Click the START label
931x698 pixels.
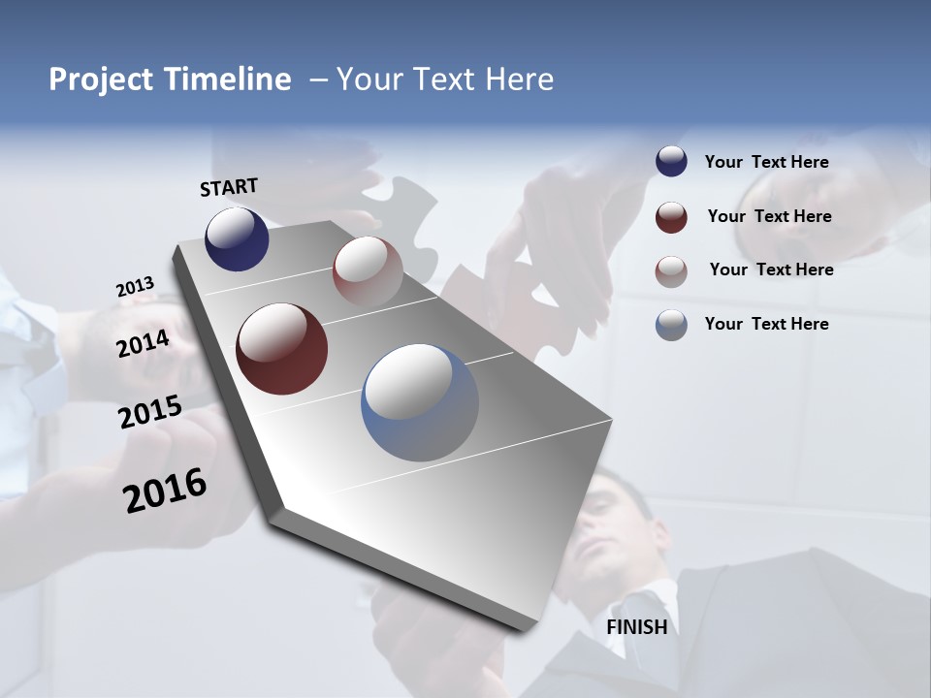229,187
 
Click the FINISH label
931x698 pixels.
636,627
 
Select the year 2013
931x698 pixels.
135,287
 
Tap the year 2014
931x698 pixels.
143,344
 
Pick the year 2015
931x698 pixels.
149,413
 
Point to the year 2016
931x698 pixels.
165,491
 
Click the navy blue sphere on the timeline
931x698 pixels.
237,239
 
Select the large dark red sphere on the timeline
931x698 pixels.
281,349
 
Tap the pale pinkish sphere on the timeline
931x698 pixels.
368,270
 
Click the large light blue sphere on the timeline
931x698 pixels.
420,402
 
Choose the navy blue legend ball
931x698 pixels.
671,162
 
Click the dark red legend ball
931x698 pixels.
671,216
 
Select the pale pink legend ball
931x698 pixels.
671,270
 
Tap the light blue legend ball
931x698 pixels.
671,324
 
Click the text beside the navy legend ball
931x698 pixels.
766,162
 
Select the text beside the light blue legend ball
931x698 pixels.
766,324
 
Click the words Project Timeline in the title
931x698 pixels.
170,79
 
